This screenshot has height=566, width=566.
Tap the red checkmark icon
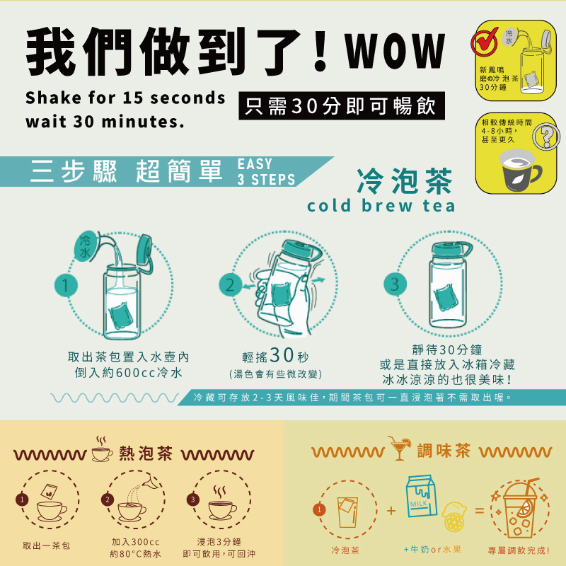tap(484, 42)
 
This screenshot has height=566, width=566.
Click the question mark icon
tap(546, 136)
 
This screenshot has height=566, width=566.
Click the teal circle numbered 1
tap(66, 285)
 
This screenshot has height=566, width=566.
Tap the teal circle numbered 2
tap(231, 285)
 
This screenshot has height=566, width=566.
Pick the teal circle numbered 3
tap(395, 284)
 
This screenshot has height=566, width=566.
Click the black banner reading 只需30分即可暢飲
tap(342, 105)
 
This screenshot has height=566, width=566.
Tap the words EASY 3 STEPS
tap(266, 172)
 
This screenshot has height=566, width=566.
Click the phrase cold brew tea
tap(381, 206)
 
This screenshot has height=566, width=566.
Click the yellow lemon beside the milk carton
tap(454, 517)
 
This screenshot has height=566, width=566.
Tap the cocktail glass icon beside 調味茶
tap(399, 448)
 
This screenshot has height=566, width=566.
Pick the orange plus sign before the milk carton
tap(391, 511)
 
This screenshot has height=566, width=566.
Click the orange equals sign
tap(480, 510)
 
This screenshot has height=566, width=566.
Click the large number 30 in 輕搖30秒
tap(282, 355)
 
